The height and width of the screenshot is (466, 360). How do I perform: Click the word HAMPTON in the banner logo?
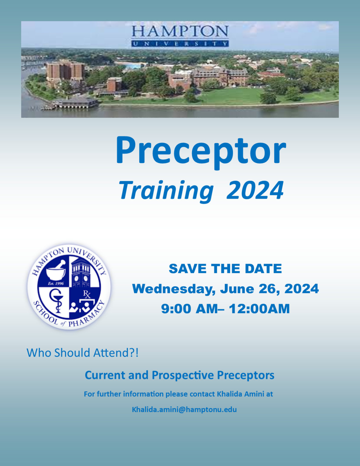(180, 31)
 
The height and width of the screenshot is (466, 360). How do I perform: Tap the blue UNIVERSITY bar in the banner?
(180, 43)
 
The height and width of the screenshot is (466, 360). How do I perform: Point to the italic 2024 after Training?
(255, 190)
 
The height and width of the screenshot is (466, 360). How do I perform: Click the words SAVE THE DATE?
(225, 269)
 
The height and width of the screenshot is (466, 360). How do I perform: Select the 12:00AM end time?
(259, 309)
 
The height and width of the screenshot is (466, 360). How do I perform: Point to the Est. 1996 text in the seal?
(56, 283)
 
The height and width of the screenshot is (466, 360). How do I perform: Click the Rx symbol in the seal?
(87, 295)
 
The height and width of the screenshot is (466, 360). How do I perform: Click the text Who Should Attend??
(82, 353)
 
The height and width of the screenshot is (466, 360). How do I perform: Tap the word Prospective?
(183, 376)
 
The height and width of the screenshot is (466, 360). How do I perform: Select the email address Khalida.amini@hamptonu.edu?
(184, 410)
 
